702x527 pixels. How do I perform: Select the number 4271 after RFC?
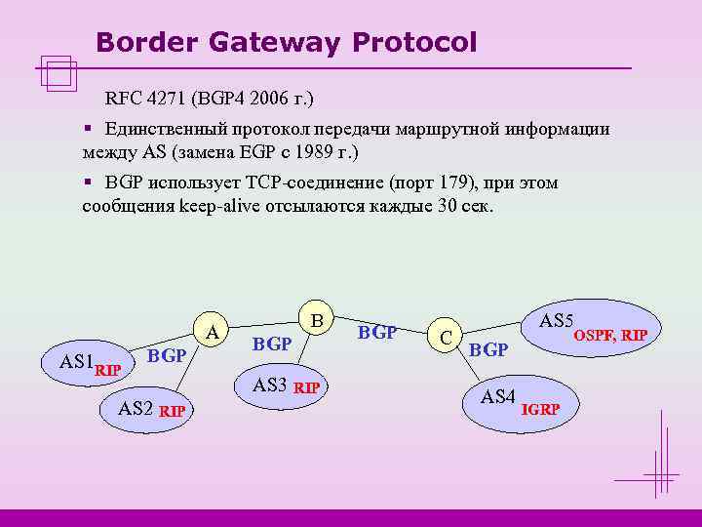coord(167,99)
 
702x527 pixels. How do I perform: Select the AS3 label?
coord(269,385)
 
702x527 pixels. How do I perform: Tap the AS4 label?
coord(497,397)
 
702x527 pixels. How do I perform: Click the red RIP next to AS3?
coord(307,387)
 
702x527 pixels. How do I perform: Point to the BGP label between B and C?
coord(377,332)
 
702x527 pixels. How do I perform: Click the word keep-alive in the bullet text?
coord(219,206)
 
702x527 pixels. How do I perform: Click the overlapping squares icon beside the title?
coord(59,73)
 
